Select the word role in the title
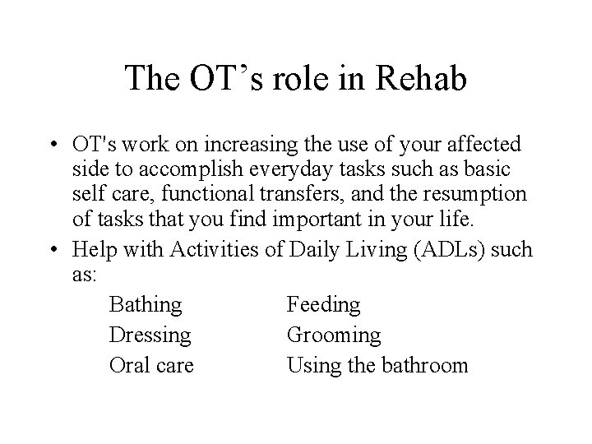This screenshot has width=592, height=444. coord(278,79)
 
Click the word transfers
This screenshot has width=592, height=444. coord(298,197)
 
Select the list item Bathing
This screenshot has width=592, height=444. coord(145,305)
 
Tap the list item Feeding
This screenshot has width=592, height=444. coord(323,305)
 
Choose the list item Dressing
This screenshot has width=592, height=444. coord(150,335)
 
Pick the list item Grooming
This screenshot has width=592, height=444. coord(334,335)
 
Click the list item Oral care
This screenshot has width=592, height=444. coord(151,365)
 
